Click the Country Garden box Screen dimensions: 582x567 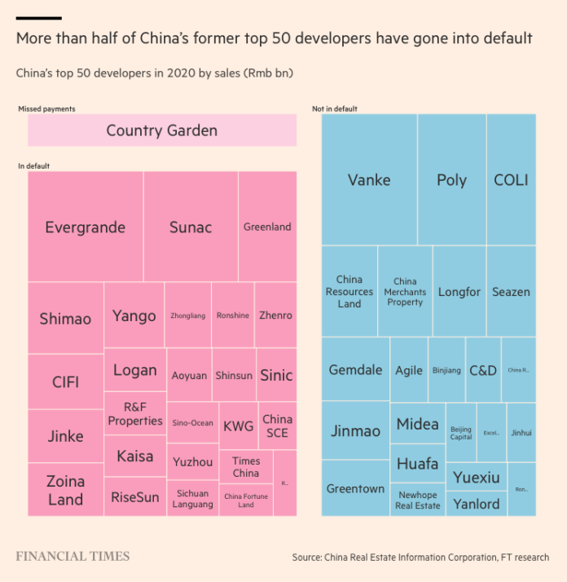[x=162, y=130]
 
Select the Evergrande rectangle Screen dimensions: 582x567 [x=85, y=227]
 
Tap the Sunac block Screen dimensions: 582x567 [x=191, y=227]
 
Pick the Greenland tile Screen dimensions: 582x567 [x=267, y=227]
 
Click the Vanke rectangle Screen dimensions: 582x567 [x=369, y=180]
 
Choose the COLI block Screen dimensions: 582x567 [x=511, y=180]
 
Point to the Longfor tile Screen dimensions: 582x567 [x=459, y=292]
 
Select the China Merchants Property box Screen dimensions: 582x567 [x=405, y=292]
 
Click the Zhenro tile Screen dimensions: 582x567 [x=275, y=315]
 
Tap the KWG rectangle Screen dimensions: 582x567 [x=238, y=425]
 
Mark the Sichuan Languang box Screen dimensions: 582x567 [x=192, y=499]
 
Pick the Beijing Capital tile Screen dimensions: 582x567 [x=461, y=433]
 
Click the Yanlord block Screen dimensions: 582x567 [x=477, y=504]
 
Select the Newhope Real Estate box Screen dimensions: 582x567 [x=418, y=500]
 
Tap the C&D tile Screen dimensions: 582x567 [x=482, y=370]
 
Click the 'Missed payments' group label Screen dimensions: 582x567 [x=46, y=108]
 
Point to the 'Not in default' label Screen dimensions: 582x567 [x=335, y=108]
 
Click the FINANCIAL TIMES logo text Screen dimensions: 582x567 [x=73, y=557]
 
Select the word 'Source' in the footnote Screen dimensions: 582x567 [x=310, y=558]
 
